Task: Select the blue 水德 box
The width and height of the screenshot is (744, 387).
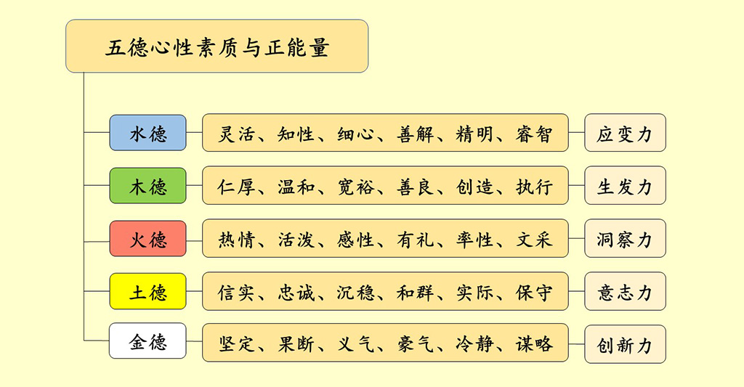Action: pos(147,134)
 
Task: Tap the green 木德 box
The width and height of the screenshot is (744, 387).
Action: pos(147,187)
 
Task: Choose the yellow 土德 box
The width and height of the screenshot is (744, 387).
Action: pos(147,292)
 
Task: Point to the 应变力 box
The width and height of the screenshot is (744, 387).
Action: pos(625,134)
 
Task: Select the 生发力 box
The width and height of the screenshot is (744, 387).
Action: pos(625,187)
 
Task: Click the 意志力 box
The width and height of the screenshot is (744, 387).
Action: pos(625,292)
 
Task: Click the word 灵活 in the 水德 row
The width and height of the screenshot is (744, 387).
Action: pos(236,134)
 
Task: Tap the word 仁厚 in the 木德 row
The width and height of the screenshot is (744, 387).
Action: pos(236,187)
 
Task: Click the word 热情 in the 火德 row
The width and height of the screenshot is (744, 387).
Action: pos(236,240)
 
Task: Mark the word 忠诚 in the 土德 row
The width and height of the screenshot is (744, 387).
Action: pos(296,292)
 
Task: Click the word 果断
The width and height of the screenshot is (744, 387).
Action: pos(296,343)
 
